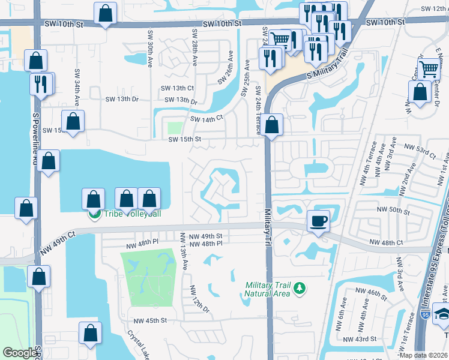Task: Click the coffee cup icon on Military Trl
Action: tap(318, 220)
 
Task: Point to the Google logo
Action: tap(20, 353)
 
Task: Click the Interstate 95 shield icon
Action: tap(425, 330)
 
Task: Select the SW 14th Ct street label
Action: tap(207, 118)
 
